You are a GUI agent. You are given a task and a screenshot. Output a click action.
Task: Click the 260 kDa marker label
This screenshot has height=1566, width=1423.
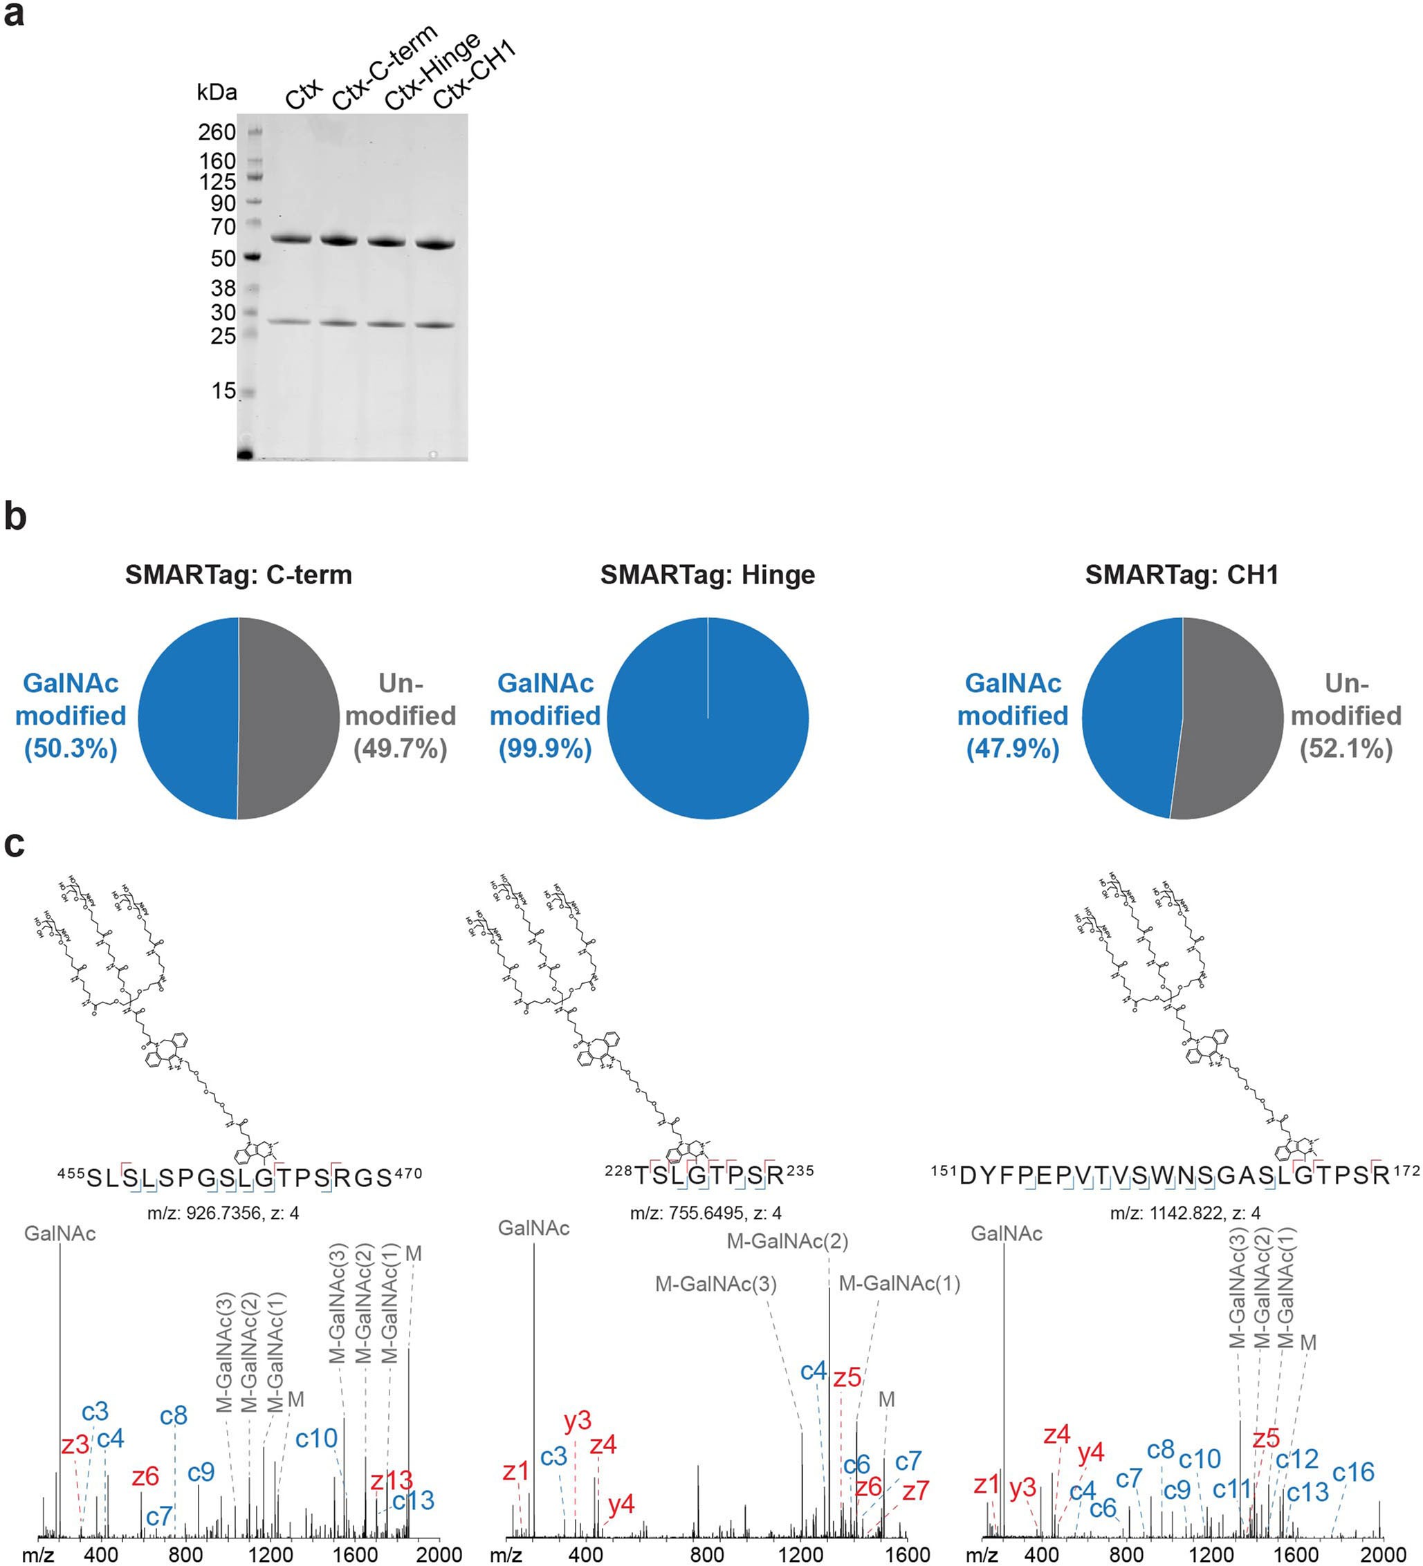(217, 132)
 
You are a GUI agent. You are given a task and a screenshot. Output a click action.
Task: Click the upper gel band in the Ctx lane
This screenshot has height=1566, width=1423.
(291, 239)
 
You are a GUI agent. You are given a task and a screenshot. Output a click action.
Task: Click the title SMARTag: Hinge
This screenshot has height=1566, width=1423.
(707, 575)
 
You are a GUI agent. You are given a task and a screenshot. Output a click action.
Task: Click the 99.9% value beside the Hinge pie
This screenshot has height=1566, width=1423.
(545, 749)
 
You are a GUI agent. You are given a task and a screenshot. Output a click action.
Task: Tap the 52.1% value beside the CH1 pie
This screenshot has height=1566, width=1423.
(1346, 749)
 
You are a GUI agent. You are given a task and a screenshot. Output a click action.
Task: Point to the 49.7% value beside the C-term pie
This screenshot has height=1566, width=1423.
(401, 749)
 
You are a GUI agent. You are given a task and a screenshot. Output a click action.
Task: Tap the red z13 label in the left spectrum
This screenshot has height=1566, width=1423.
(391, 1480)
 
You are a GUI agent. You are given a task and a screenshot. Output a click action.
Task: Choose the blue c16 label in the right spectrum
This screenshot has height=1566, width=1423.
(1353, 1472)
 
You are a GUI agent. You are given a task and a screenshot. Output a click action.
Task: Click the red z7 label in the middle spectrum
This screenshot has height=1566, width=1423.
(915, 1491)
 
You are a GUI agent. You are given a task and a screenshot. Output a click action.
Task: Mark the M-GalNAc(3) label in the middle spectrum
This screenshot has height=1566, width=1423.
(716, 1284)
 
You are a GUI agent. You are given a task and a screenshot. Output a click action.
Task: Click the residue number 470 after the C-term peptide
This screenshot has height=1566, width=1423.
(407, 1174)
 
